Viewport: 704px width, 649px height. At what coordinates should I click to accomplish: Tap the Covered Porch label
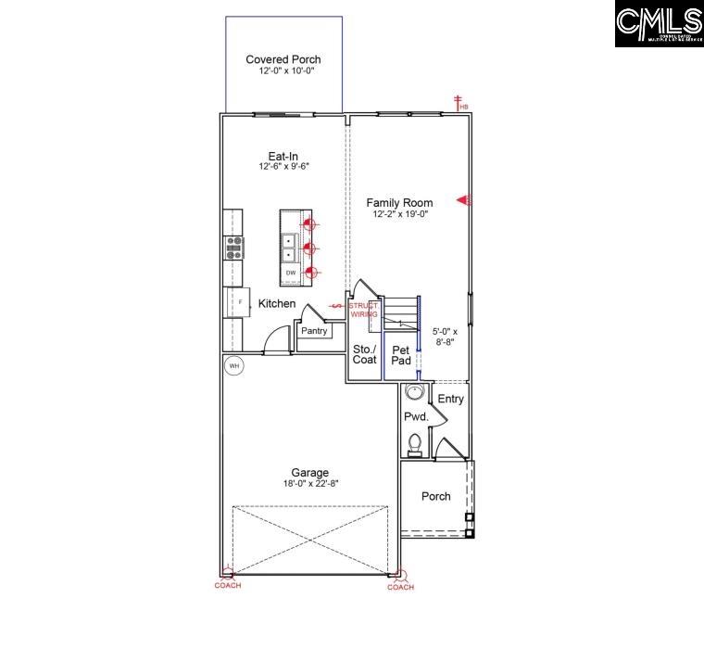coord(283,60)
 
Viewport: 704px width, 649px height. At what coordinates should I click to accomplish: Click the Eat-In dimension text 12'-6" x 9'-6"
coord(283,167)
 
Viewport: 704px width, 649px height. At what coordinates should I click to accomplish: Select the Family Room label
coord(399,202)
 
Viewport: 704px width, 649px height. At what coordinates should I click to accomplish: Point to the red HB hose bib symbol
coord(458,103)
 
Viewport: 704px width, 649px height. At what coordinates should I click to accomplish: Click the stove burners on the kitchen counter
coord(234,247)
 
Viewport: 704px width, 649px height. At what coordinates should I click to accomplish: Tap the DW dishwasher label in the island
coord(291,273)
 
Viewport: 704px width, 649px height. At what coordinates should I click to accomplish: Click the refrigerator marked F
coord(237,302)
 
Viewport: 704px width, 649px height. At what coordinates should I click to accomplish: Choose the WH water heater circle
coord(234,366)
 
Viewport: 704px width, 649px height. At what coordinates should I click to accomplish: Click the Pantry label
coord(314,330)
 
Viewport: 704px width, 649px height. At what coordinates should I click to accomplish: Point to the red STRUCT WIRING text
coord(363,310)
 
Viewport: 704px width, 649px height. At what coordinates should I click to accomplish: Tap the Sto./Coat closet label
coord(365,354)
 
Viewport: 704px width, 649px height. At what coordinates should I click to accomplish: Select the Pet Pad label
coord(401,355)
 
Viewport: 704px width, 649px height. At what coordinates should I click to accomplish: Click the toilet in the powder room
coord(416,443)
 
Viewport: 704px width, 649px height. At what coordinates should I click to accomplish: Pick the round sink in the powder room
coord(415,393)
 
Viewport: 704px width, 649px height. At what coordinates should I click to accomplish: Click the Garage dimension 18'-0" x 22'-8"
coord(309,482)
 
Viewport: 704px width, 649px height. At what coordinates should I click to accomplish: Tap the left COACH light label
coord(228,586)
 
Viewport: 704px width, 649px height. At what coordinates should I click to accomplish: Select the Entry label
coord(451,399)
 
